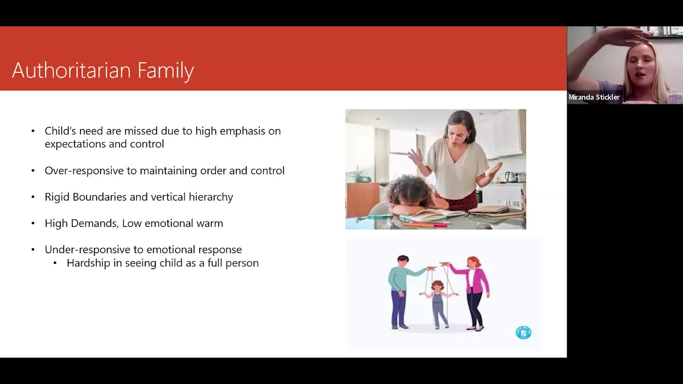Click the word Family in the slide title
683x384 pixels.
[166, 71]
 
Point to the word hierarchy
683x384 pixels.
[211, 197]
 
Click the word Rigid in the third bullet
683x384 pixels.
[57, 197]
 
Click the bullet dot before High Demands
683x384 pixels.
[33, 223]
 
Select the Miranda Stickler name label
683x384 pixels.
[594, 97]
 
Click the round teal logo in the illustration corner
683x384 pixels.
[523, 332]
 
